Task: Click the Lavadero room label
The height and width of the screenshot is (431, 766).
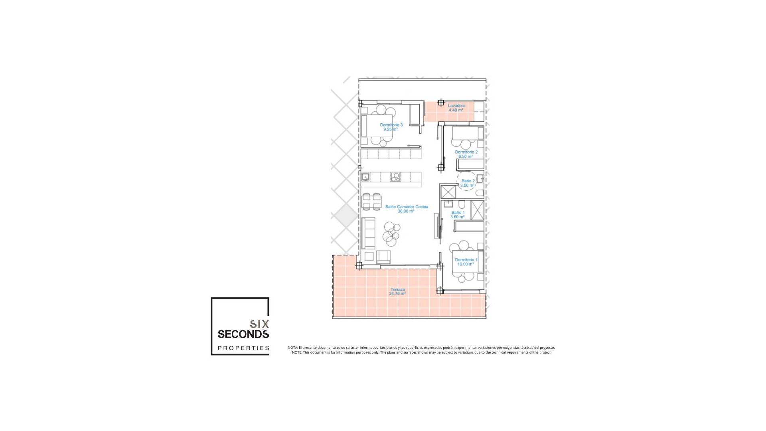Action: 456,106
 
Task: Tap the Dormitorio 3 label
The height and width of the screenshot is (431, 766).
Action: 391,125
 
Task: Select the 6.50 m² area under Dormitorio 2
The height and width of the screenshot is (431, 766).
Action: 466,156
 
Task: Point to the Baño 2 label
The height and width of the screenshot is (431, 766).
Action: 468,181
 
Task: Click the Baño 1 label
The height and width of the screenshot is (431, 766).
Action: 458,213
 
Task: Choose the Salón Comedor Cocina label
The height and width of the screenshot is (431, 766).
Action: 407,207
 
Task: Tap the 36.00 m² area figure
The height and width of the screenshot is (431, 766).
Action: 406,211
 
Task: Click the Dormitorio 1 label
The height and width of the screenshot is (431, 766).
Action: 466,260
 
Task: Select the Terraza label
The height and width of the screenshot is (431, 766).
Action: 398,289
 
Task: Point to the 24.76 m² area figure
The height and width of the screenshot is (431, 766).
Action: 397,294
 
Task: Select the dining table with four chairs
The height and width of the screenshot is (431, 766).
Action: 92,201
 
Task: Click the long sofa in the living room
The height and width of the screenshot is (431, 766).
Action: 89,233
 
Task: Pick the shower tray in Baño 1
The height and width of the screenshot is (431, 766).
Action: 477,210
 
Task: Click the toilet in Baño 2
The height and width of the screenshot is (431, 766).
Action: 480,194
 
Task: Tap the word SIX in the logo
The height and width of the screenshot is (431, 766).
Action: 259,324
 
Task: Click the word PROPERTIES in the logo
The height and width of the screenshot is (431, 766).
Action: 243,348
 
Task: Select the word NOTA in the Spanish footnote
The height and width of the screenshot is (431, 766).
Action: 292,348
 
